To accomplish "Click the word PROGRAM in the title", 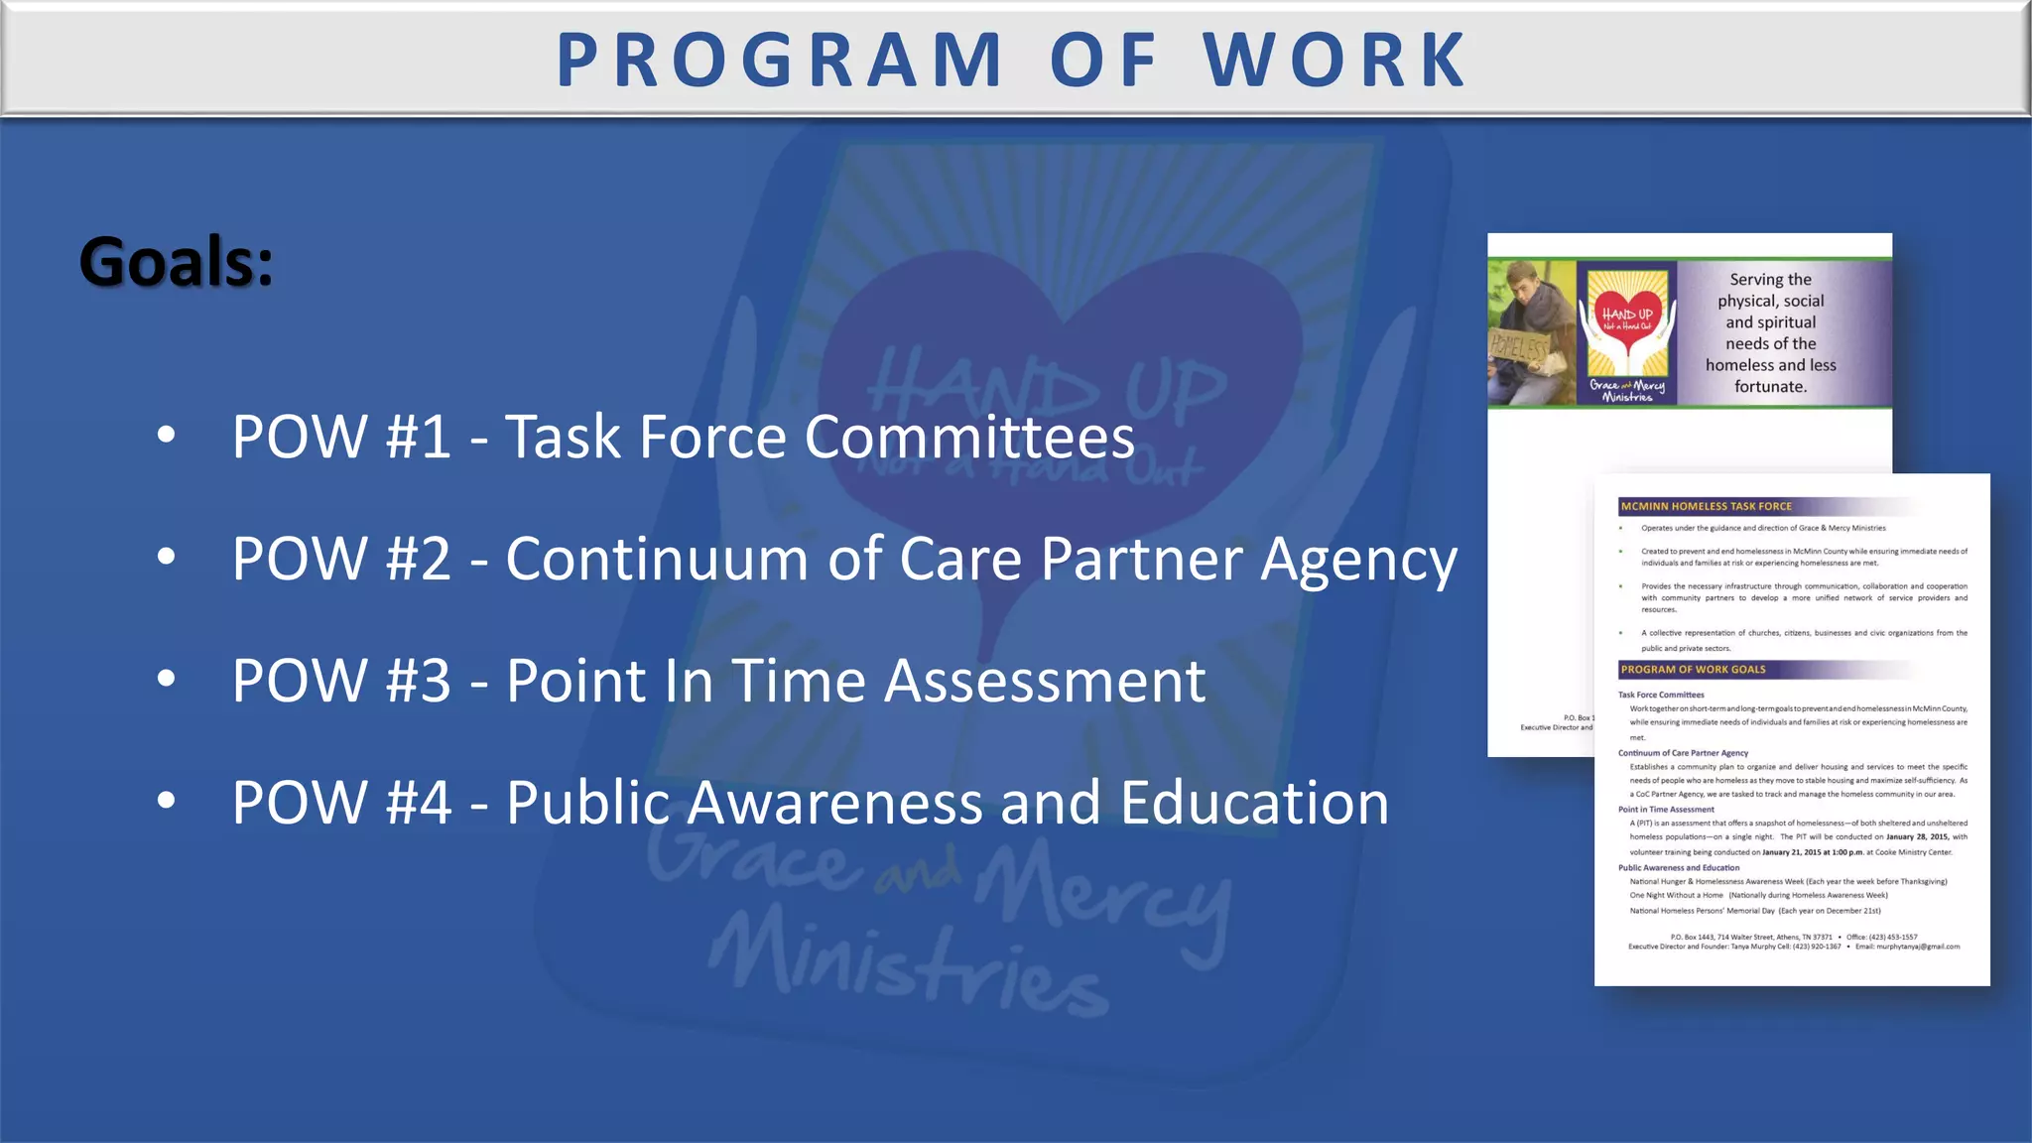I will tap(780, 61).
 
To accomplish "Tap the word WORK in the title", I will tap(1335, 61).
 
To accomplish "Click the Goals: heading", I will tap(176, 263).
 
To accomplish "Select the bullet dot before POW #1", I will tap(166, 435).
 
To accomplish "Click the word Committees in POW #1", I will tap(969, 438).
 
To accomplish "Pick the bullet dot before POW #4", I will tap(166, 800).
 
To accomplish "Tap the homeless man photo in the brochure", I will tap(1530, 332).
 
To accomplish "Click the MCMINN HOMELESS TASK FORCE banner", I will tap(1706, 506).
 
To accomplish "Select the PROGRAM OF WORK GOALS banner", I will tap(1693, 670).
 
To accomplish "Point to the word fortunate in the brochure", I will tap(1769, 387).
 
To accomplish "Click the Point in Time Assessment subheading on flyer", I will tap(1666, 810).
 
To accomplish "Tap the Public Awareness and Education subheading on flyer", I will tap(1678, 867).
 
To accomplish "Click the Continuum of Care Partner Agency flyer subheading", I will tap(1683, 753).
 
